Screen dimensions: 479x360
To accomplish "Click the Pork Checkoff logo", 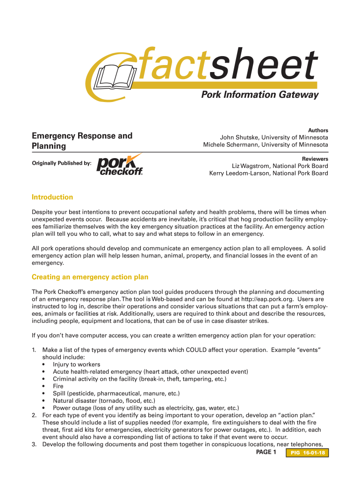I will click(x=120, y=164).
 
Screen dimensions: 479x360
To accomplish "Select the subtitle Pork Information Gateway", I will click(x=259, y=95).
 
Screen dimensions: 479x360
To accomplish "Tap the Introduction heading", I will click(x=52, y=197).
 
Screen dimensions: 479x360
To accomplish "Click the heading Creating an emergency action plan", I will click(x=90, y=277).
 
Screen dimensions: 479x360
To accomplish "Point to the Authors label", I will click(x=317, y=130).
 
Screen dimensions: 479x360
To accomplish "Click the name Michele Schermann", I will click(x=230, y=145).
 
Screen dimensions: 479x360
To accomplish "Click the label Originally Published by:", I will click(x=61, y=163).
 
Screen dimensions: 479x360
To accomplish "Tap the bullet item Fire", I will click(x=58, y=386).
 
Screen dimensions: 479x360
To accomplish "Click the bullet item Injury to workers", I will click(x=76, y=364).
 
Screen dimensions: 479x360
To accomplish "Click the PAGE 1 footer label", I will click(x=266, y=452).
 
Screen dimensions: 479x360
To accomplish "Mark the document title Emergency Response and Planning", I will click(x=82, y=141).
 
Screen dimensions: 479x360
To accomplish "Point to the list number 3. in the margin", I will click(x=34, y=444).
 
